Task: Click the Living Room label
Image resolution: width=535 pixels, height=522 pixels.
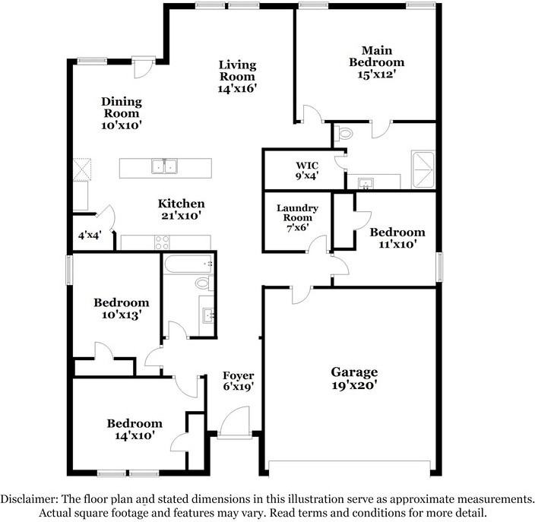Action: [237, 71]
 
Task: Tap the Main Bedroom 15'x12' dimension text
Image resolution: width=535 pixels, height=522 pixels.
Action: [376, 74]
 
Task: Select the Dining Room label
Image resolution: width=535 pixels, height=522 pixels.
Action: [122, 107]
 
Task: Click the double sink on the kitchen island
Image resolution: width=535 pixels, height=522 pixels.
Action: [164, 166]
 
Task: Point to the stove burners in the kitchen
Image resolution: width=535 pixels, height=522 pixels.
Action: [162, 242]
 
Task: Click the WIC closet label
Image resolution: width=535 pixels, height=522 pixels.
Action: [307, 166]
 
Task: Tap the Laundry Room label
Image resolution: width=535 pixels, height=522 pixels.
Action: [298, 213]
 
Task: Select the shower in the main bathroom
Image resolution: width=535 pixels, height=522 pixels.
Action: [423, 169]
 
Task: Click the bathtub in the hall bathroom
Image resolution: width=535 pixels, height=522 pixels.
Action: [188, 264]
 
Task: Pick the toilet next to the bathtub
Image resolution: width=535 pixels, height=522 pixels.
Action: [204, 283]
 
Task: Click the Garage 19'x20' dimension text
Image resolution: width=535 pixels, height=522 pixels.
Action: [354, 385]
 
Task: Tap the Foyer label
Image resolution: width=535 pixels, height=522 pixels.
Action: [238, 375]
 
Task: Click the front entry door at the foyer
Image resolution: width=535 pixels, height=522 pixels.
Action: [235, 422]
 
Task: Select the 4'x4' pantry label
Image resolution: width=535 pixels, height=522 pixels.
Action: [90, 235]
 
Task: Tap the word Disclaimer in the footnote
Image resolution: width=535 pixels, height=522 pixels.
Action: [29, 499]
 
